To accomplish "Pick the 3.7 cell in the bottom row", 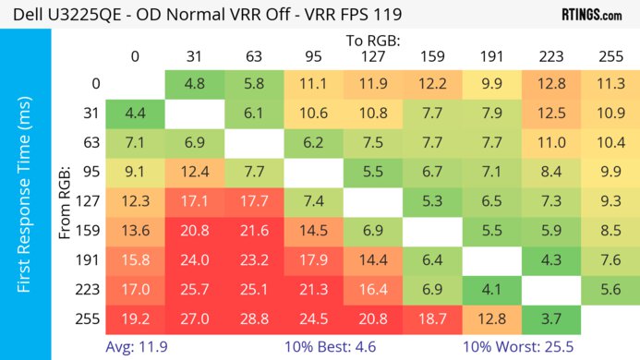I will (550, 318).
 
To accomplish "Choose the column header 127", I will (372, 56).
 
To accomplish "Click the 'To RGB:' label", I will (372, 40).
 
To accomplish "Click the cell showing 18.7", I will (431, 318).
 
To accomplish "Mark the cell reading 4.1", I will (491, 289).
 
